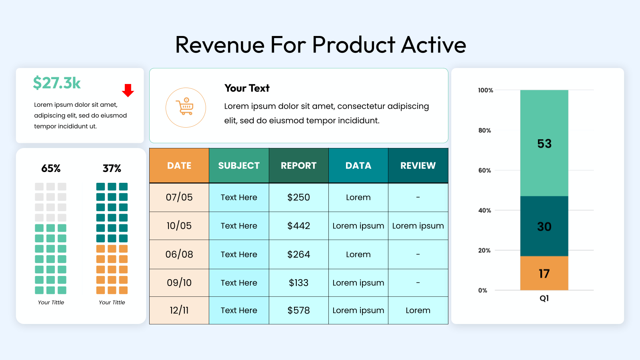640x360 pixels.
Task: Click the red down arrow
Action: (128, 90)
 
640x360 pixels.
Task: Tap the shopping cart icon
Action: (185, 106)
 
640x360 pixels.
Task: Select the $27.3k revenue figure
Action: (56, 83)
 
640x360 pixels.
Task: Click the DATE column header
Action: (179, 166)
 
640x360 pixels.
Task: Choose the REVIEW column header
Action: (418, 166)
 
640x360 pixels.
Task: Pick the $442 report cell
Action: (298, 226)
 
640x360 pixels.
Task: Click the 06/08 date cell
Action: (179, 254)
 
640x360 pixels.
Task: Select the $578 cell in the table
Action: (298, 310)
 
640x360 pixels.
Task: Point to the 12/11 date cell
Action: (179, 310)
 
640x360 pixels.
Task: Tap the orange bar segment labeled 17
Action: (544, 273)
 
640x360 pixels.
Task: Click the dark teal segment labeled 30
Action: (544, 226)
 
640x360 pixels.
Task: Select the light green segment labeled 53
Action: (544, 143)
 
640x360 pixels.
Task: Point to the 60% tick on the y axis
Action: (484, 170)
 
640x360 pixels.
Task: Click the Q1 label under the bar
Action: (544, 298)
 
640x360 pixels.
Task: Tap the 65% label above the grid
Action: (51, 168)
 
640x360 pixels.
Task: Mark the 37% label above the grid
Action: (112, 168)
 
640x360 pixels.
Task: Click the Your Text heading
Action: (247, 88)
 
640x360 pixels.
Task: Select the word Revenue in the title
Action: (220, 45)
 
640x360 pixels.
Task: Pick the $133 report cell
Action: (298, 282)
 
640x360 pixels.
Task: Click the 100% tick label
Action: (486, 90)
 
